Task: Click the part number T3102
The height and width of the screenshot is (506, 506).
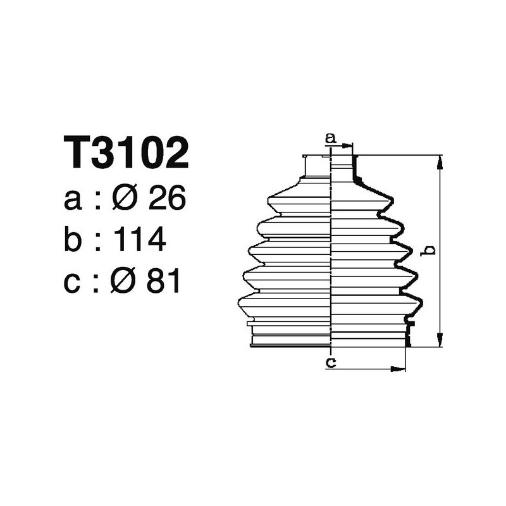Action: (126, 153)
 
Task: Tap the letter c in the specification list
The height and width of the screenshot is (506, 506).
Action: (73, 282)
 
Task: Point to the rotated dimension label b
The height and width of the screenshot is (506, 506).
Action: (429, 251)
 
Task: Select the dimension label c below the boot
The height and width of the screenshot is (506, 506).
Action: (330, 362)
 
